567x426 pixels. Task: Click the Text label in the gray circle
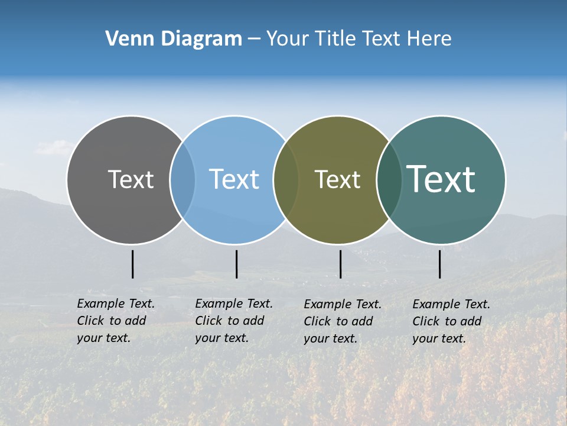tap(131, 179)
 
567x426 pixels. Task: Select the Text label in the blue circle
tap(234, 179)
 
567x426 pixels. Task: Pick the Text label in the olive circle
tap(337, 179)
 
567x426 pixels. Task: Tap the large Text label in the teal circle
tap(441, 179)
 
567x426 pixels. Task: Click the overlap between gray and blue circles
tap(183, 179)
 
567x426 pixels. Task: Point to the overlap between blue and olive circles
tap(286, 179)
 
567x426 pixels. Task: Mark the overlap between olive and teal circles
tap(389, 179)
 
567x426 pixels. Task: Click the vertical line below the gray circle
tap(133, 264)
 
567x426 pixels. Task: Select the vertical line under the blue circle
tap(236, 264)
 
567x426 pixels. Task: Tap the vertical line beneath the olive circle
tap(340, 264)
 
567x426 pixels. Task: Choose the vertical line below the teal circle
tap(439, 264)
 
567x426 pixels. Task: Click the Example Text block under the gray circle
tap(115, 321)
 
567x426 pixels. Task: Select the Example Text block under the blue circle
tap(233, 321)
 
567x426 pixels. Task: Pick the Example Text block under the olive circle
tap(342, 321)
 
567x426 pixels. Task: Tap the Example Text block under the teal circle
tap(451, 321)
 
